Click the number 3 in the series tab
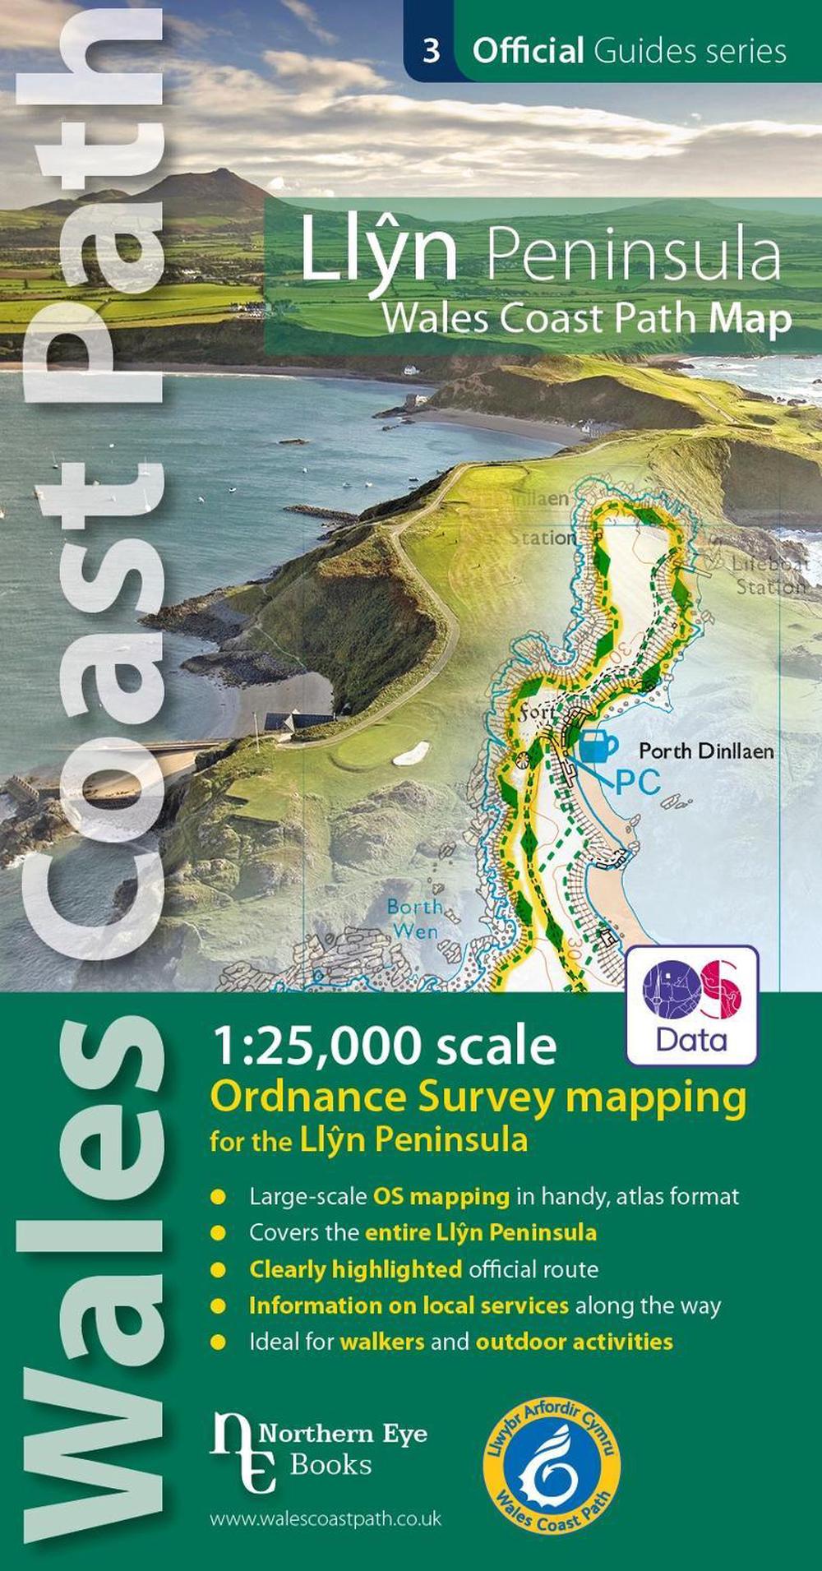[x=431, y=51]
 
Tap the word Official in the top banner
[x=528, y=51]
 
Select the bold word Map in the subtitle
[x=750, y=319]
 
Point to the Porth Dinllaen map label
[x=706, y=751]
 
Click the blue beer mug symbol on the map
[x=598, y=745]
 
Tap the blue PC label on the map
[x=638, y=782]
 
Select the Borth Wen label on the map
[x=414, y=919]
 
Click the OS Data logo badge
[x=692, y=1005]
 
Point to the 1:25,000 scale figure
[x=383, y=1046]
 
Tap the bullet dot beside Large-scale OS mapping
[x=218, y=1197]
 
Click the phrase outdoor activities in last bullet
[x=574, y=1342]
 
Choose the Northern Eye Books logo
[x=318, y=1452]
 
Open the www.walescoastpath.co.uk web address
[x=326, y=1518]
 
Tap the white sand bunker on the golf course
[x=411, y=752]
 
